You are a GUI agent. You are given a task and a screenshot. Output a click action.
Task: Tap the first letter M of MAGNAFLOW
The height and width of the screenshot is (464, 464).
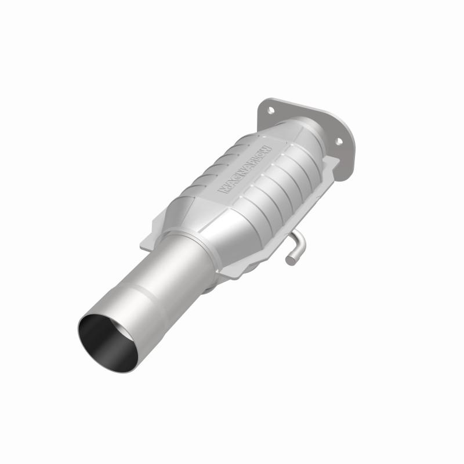click(222, 190)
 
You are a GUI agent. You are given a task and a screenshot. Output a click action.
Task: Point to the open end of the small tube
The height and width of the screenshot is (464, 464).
click(289, 260)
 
